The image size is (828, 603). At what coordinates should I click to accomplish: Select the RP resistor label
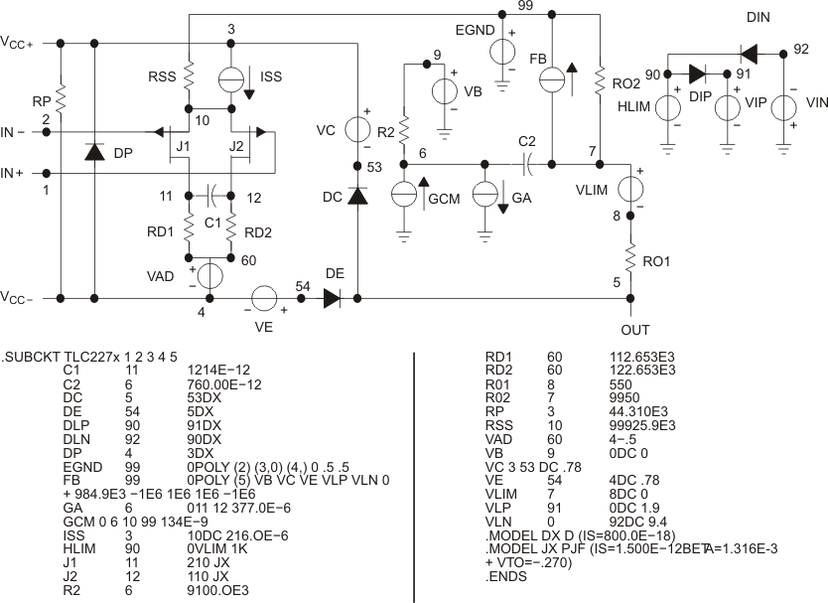point(42,101)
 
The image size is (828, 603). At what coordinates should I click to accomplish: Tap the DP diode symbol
point(94,152)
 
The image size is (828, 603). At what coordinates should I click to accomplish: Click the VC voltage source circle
point(356,129)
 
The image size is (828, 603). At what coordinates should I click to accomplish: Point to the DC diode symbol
point(356,197)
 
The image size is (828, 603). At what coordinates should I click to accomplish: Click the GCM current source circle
point(404,195)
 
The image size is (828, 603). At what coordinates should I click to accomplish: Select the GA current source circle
point(485,195)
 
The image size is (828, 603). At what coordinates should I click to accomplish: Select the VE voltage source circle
point(264,297)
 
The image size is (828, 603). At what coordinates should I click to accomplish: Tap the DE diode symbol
point(332,297)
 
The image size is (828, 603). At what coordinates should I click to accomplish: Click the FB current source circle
point(553,79)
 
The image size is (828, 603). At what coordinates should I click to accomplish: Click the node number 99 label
point(526,6)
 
